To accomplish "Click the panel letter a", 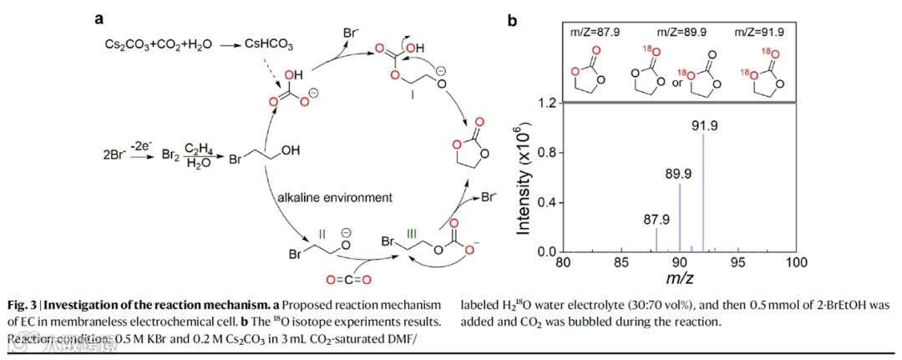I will tap(99, 18).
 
